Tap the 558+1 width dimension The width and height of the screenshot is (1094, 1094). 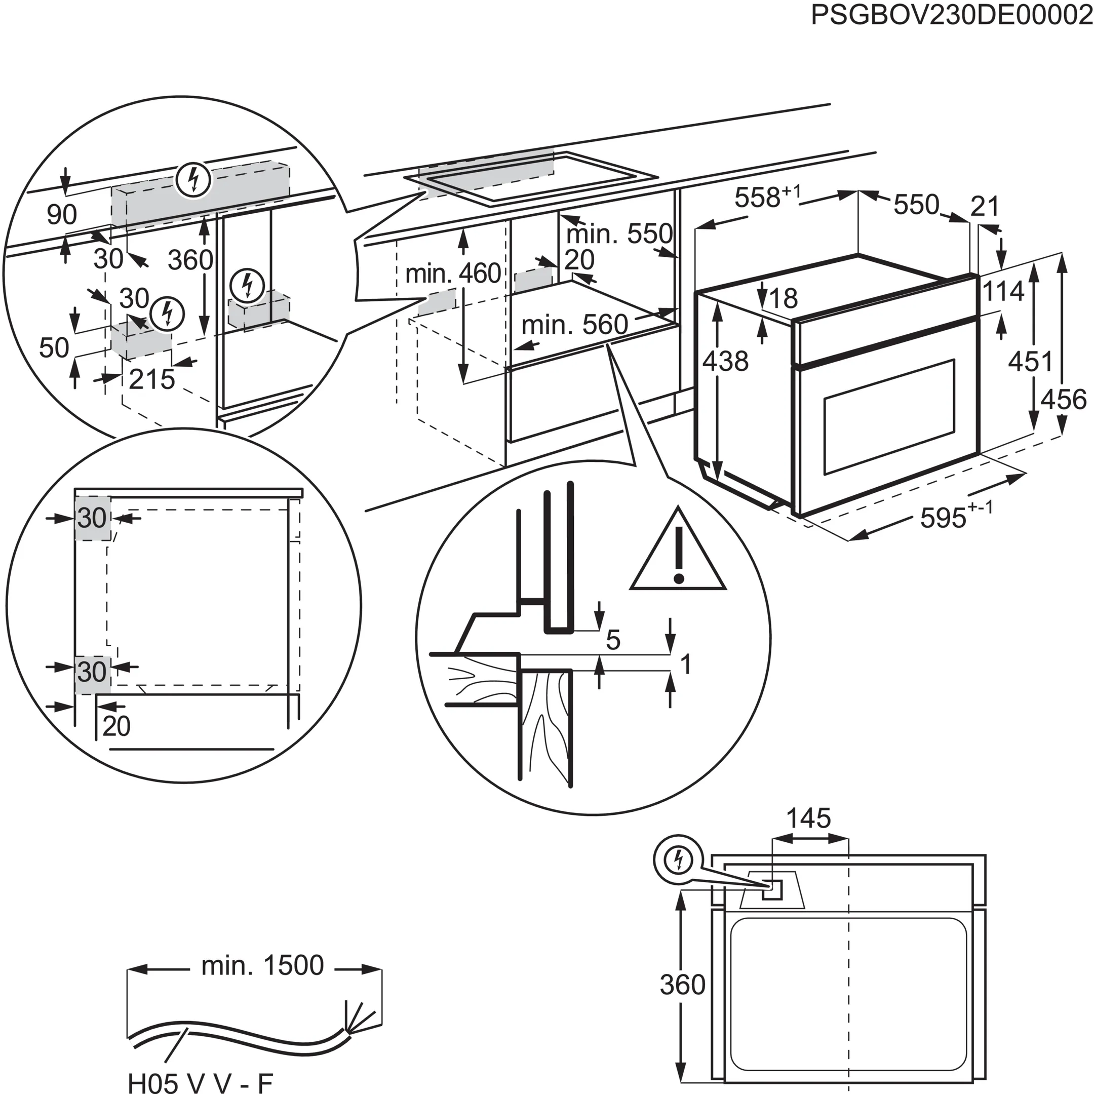(x=767, y=198)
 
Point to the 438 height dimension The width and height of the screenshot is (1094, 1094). (x=725, y=361)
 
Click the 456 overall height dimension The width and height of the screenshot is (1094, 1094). (x=1064, y=399)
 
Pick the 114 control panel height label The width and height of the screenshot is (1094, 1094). (x=1003, y=292)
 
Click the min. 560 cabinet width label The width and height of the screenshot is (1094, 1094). (x=574, y=325)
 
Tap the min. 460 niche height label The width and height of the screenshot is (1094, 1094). (x=453, y=274)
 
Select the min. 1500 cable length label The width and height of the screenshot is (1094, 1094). (x=262, y=965)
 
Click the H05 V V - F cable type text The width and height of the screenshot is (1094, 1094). (x=201, y=1081)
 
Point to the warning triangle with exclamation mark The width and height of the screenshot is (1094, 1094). (x=678, y=553)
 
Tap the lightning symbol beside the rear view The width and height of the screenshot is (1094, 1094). (x=678, y=861)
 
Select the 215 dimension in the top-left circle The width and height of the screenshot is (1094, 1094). (x=152, y=380)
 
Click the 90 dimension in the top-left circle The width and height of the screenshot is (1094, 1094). (x=62, y=215)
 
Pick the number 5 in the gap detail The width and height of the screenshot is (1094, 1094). (x=613, y=640)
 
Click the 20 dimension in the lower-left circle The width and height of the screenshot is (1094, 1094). (x=116, y=726)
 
